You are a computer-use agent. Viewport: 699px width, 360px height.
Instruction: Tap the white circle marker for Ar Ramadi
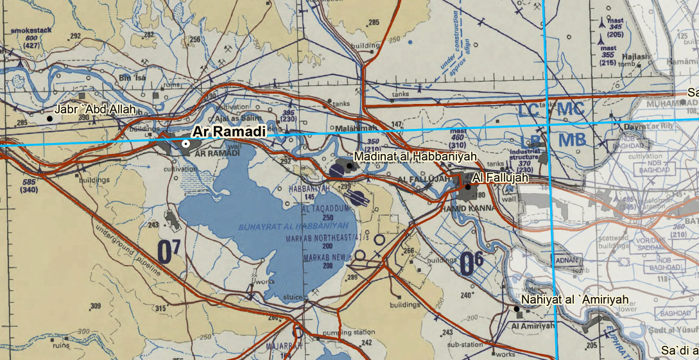click(x=186, y=144)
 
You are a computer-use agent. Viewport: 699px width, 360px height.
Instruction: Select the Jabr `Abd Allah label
click(x=95, y=109)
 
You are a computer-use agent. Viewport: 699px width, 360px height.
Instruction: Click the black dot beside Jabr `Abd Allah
click(x=49, y=118)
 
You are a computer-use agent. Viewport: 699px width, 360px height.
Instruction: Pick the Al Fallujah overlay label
click(x=500, y=177)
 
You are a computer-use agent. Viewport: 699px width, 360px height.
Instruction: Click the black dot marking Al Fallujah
click(x=468, y=186)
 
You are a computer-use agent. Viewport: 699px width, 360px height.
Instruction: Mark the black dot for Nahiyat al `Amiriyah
click(x=517, y=309)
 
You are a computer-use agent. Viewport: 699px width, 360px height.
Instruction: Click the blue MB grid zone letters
click(x=572, y=140)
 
